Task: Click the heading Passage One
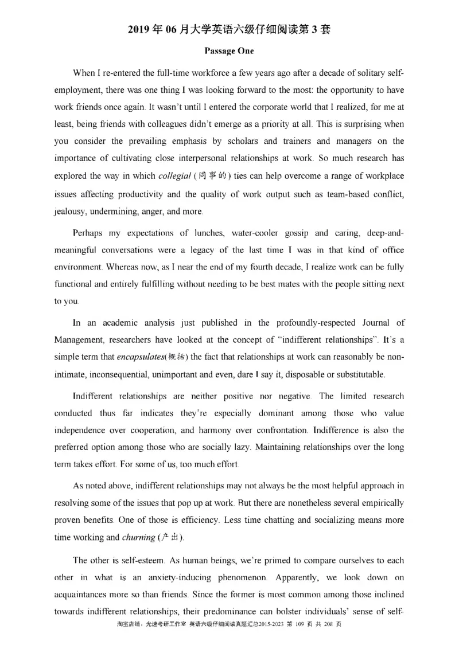click(x=229, y=50)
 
